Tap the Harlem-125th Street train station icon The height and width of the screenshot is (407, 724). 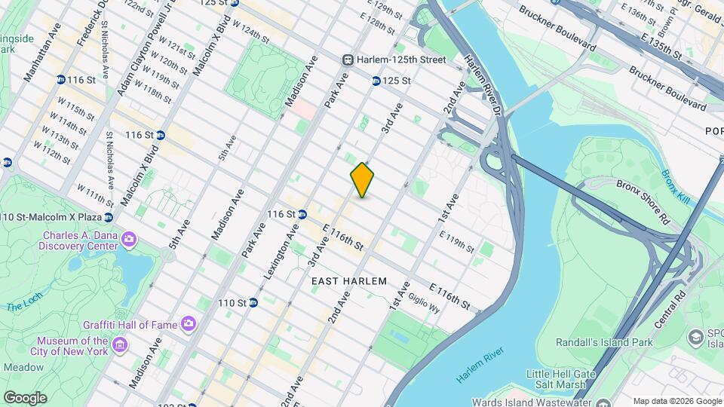click(348, 60)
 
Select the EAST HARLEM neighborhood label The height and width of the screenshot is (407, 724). click(349, 281)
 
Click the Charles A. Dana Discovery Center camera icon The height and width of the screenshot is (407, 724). click(129, 239)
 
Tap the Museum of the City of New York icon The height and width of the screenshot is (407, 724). click(120, 346)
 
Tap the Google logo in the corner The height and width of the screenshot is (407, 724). click(24, 397)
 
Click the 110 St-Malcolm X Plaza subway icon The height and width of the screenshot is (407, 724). click(109, 217)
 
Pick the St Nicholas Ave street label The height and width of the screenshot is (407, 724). click(110, 161)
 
